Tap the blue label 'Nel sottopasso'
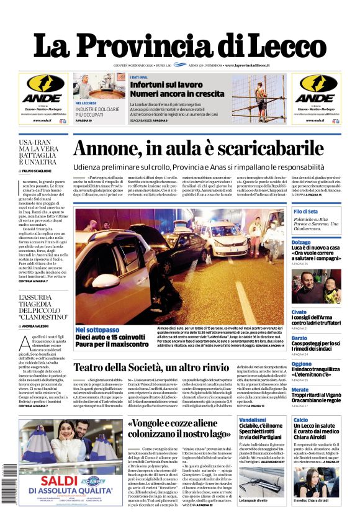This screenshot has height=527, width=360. tap(97, 329)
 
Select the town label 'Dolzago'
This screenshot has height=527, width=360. tap(302, 242)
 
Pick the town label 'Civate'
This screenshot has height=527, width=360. tap(299, 312)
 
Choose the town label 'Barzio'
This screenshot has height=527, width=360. tap(299, 338)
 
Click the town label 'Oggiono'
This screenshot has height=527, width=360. tap(302, 364)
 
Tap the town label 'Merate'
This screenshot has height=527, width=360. tap(300, 389)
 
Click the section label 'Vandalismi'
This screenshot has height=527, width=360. tap(253, 420)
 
